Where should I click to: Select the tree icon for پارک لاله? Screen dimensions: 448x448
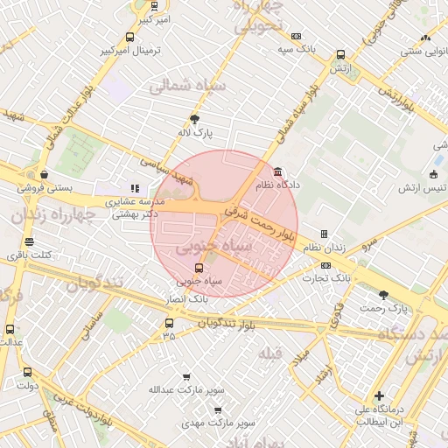[x=193, y=118]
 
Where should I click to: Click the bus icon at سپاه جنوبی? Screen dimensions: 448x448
[x=199, y=268]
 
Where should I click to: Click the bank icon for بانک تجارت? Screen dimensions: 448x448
[x=325, y=265]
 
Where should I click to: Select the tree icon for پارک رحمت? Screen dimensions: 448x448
[x=383, y=295]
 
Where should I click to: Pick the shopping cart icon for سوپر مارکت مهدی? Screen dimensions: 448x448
[x=217, y=409]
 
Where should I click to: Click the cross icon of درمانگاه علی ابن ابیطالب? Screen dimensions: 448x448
[x=378, y=395]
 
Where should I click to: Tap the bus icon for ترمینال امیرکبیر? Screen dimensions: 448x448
[x=130, y=37]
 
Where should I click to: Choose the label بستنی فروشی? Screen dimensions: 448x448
[x=71, y=188]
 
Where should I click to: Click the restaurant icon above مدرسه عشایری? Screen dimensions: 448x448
[x=135, y=187]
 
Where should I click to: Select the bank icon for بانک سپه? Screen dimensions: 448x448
[x=297, y=36]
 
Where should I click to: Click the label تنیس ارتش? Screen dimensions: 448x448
[x=422, y=188]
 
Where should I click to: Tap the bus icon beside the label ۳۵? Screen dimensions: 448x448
[x=169, y=322]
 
